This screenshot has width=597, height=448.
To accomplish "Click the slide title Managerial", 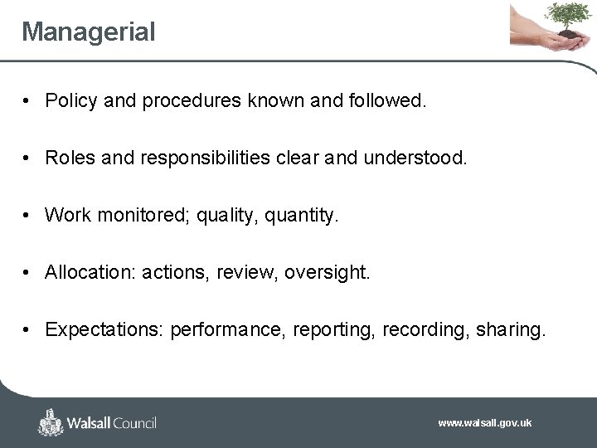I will tap(88, 32).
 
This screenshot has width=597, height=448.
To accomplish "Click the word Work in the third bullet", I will tap(68, 215).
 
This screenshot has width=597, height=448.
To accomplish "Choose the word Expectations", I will tap(104, 329).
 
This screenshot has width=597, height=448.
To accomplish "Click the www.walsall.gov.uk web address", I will tap(485, 423).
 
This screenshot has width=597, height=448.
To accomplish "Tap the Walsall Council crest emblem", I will tap(51, 422).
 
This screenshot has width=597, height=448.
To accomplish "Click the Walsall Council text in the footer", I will tap(112, 423).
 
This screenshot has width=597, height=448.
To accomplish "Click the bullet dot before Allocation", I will tap(27, 272).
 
